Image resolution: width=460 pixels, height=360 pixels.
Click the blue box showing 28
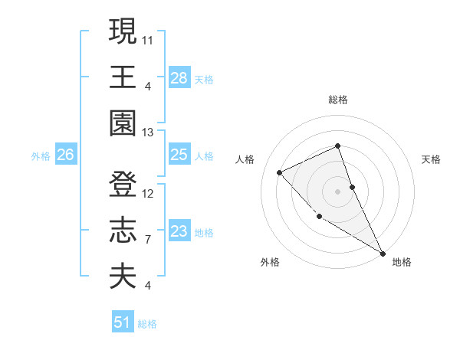(179, 77)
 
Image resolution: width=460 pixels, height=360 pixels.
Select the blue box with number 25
(179, 155)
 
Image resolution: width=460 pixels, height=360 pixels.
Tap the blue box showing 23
(179, 231)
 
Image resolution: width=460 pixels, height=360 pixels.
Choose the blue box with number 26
(65, 155)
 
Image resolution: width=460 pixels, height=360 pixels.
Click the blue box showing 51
(123, 322)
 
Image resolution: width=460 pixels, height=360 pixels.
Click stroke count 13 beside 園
(149, 132)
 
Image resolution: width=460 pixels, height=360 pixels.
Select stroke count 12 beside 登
(149, 193)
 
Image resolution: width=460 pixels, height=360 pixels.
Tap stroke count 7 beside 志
(148, 240)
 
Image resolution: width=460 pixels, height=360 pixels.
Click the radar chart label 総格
(338, 100)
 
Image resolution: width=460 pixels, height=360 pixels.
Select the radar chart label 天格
(432, 159)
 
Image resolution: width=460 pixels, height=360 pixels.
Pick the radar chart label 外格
(269, 262)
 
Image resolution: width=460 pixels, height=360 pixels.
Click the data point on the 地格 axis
(383, 253)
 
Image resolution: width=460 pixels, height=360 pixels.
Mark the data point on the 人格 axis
(280, 172)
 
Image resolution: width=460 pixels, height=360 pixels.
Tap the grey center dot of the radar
(338, 191)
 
